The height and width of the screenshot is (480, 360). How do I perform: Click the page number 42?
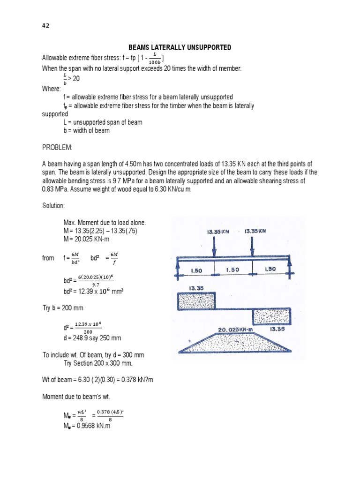(45, 26)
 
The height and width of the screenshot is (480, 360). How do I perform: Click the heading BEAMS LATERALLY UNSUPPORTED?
(180, 48)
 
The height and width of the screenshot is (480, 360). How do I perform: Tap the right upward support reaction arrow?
(290, 269)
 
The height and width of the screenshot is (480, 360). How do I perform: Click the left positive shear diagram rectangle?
(196, 301)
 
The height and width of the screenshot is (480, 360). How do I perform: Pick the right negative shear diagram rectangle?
(271, 317)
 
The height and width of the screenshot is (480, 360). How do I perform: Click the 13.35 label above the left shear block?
(195, 288)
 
